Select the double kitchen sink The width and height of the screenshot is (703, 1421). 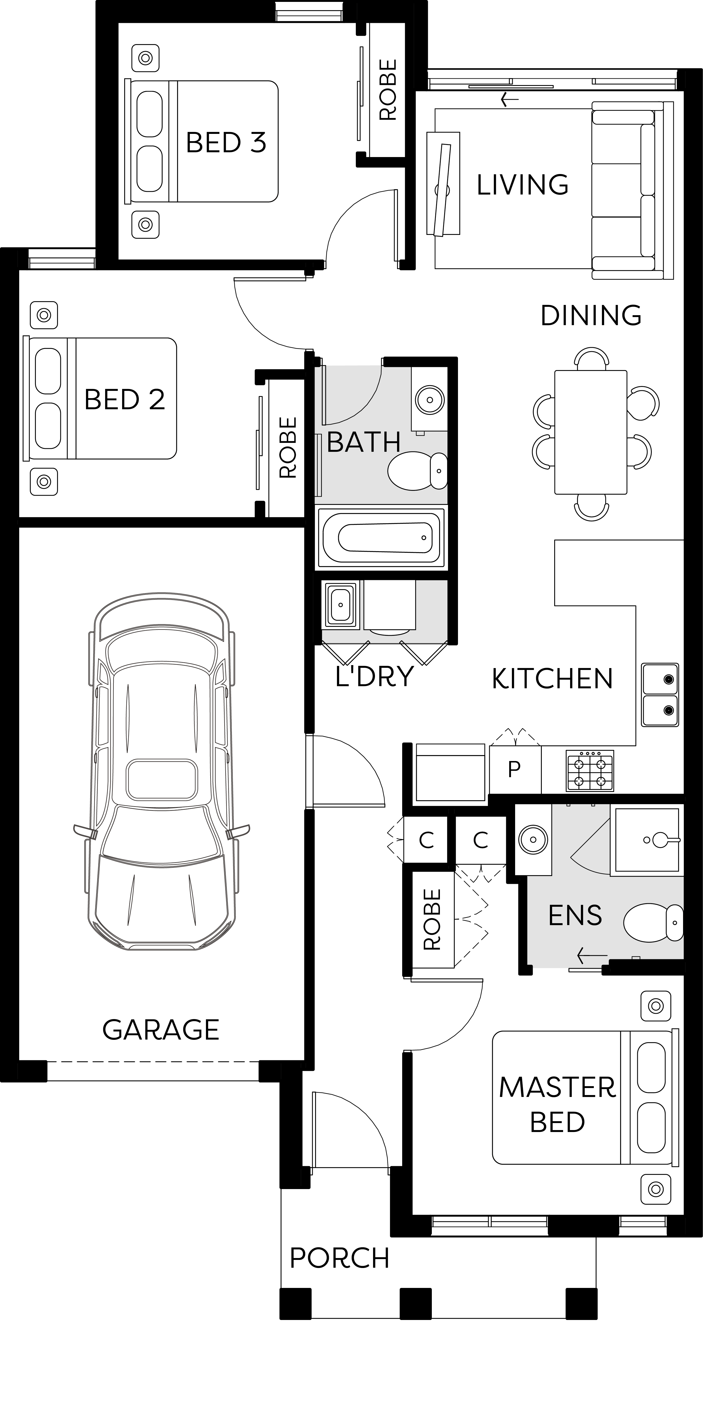click(660, 694)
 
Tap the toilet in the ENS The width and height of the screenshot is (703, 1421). click(654, 922)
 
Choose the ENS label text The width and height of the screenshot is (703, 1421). click(575, 916)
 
